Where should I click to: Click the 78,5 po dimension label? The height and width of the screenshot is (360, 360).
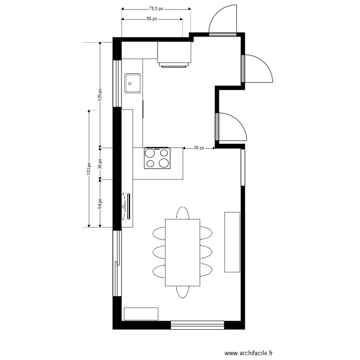(x=156, y=9)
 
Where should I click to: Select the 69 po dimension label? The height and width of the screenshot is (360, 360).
(x=152, y=19)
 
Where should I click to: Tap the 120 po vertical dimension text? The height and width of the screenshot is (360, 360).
(x=100, y=95)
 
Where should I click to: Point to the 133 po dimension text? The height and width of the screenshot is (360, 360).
(x=89, y=168)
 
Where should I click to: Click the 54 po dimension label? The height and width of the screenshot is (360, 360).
(x=100, y=204)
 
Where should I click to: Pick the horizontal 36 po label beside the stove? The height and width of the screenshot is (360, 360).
(x=199, y=148)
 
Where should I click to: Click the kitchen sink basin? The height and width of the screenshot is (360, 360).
(x=132, y=84)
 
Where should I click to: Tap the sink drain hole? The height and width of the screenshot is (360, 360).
(x=130, y=84)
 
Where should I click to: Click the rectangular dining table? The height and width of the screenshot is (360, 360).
(x=182, y=252)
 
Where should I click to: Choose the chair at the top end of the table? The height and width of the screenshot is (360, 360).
(x=182, y=213)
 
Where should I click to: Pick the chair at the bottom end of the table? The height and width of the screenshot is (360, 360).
(x=182, y=292)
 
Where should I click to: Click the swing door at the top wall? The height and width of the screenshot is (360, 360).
(x=222, y=20)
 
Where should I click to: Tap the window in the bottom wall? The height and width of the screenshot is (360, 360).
(x=197, y=325)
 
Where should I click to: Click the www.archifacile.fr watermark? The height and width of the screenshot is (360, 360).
(x=249, y=353)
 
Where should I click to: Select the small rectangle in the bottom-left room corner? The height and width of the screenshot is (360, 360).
(x=141, y=313)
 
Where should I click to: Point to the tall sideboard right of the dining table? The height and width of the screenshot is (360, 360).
(x=232, y=242)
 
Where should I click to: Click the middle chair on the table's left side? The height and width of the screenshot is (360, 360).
(x=159, y=252)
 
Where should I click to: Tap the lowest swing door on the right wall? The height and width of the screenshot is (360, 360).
(x=231, y=127)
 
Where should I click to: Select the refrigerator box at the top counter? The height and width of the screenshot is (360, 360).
(x=174, y=52)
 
